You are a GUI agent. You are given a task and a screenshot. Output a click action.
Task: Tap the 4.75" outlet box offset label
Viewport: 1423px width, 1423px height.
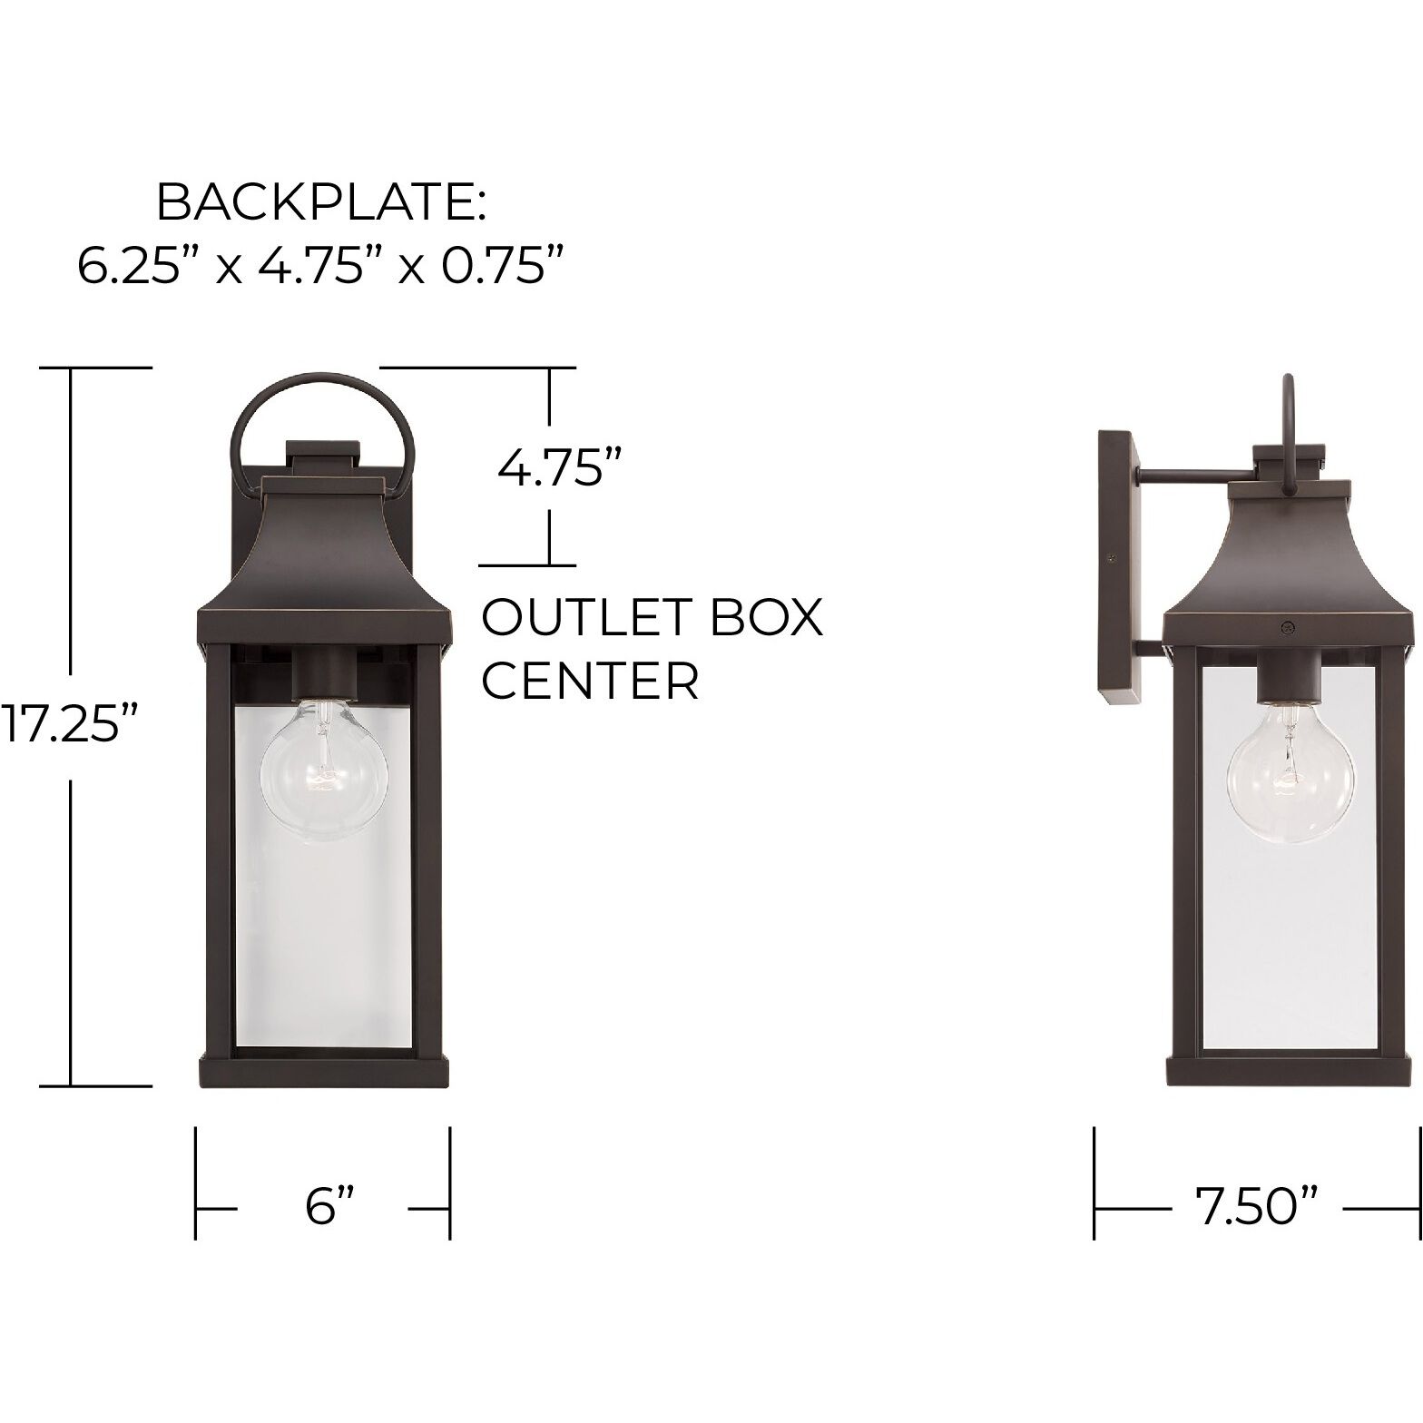click(x=551, y=469)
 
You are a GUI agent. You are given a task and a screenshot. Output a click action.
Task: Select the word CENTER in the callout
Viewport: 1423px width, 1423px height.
click(x=590, y=680)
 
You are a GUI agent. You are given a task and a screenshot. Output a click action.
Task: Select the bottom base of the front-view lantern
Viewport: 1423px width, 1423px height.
click(x=324, y=1072)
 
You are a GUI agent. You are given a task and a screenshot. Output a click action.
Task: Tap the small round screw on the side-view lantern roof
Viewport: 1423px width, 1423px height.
click(x=1286, y=626)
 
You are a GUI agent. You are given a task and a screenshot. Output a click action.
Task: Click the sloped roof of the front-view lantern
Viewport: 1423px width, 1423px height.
click(x=324, y=554)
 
